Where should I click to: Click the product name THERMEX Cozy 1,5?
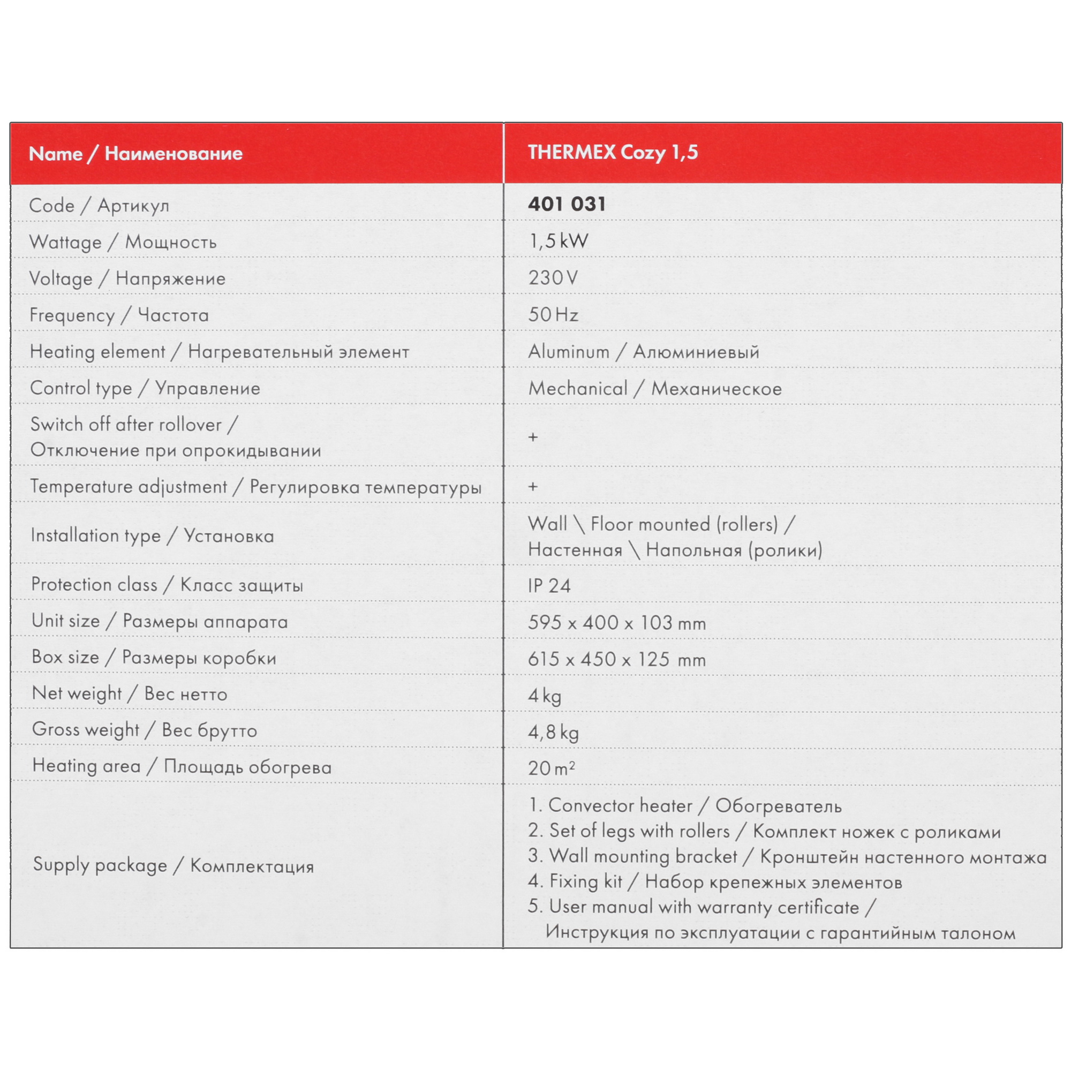click(613, 153)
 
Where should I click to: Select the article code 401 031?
click(567, 204)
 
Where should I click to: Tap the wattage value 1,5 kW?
click(558, 241)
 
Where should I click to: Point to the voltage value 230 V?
click(553, 278)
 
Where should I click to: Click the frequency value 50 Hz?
click(553, 315)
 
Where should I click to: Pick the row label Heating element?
click(97, 351)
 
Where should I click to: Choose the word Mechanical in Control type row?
click(578, 388)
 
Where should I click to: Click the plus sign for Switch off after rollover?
click(533, 437)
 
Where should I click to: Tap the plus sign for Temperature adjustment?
click(533, 487)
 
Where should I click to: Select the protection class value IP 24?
click(549, 585)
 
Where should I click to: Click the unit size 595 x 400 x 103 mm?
click(616, 623)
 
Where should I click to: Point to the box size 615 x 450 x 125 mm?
click(616, 659)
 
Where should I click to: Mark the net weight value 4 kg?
click(545, 696)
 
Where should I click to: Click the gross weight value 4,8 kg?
click(553, 732)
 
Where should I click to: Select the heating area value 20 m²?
click(551, 768)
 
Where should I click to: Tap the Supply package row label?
click(100, 865)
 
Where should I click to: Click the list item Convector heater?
click(620, 805)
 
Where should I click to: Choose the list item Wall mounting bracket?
click(643, 856)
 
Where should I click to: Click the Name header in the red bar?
click(56, 154)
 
